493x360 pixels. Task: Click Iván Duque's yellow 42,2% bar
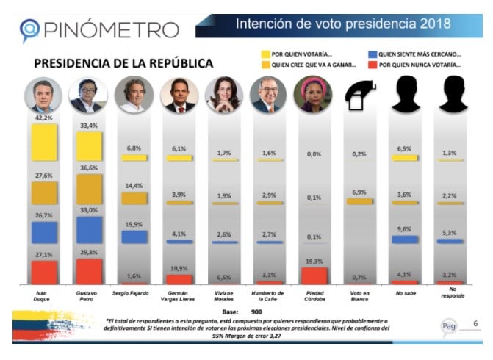[x=44, y=142]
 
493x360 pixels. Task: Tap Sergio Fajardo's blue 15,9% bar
[x=134, y=237]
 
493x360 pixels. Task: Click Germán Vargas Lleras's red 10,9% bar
[x=179, y=278]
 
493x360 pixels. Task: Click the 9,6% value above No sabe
[x=403, y=228]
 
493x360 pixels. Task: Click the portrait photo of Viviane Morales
[x=223, y=94]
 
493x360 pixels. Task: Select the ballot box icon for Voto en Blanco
[x=359, y=93]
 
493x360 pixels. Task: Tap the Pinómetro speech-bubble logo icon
[x=28, y=29]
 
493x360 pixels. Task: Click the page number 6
[x=475, y=323]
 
